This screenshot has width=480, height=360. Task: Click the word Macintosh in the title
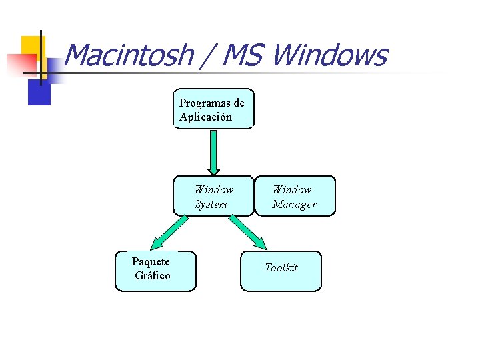tap(129, 55)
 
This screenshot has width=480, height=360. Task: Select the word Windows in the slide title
tap(329, 55)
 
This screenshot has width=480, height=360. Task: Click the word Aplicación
tap(205, 117)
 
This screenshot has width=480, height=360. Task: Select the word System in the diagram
tap(211, 204)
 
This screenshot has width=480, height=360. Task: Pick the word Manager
tap(294, 204)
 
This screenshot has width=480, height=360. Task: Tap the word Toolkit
tap(281, 267)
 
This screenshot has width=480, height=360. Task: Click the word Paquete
tap(151, 261)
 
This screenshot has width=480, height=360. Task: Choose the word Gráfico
tap(152, 275)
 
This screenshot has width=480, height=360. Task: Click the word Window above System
tap(214, 189)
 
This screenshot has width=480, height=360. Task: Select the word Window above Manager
tap(292, 189)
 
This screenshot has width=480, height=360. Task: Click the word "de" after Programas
tap(239, 103)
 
